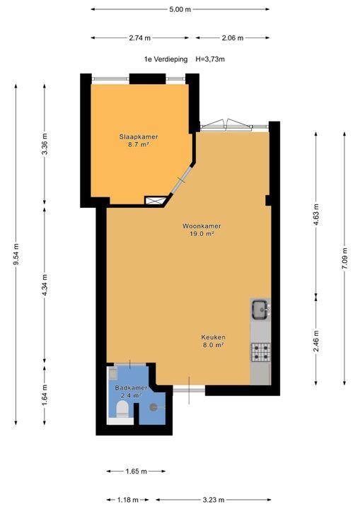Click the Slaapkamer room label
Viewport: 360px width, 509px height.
point(139,136)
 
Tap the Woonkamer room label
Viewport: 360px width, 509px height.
point(202,226)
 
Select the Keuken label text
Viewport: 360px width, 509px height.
point(213,337)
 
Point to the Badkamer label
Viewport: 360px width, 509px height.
point(131,387)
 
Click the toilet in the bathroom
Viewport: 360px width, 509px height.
point(122,409)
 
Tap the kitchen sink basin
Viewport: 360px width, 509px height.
point(260,310)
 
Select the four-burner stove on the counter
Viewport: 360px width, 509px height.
point(260,352)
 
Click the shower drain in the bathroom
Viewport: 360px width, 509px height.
point(153,407)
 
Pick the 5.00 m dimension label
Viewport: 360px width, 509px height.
point(180,9)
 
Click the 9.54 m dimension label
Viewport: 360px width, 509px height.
point(16,254)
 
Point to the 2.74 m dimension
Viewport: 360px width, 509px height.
point(140,38)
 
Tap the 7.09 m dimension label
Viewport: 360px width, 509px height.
point(344,259)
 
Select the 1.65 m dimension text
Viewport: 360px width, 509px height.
point(137,472)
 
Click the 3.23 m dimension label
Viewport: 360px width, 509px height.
point(214,500)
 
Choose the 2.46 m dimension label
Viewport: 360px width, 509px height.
point(316,341)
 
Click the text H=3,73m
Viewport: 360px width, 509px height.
point(210,59)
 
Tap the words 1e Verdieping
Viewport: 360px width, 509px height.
point(166,59)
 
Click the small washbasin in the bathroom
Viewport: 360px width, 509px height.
point(112,374)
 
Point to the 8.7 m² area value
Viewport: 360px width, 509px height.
point(139,145)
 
